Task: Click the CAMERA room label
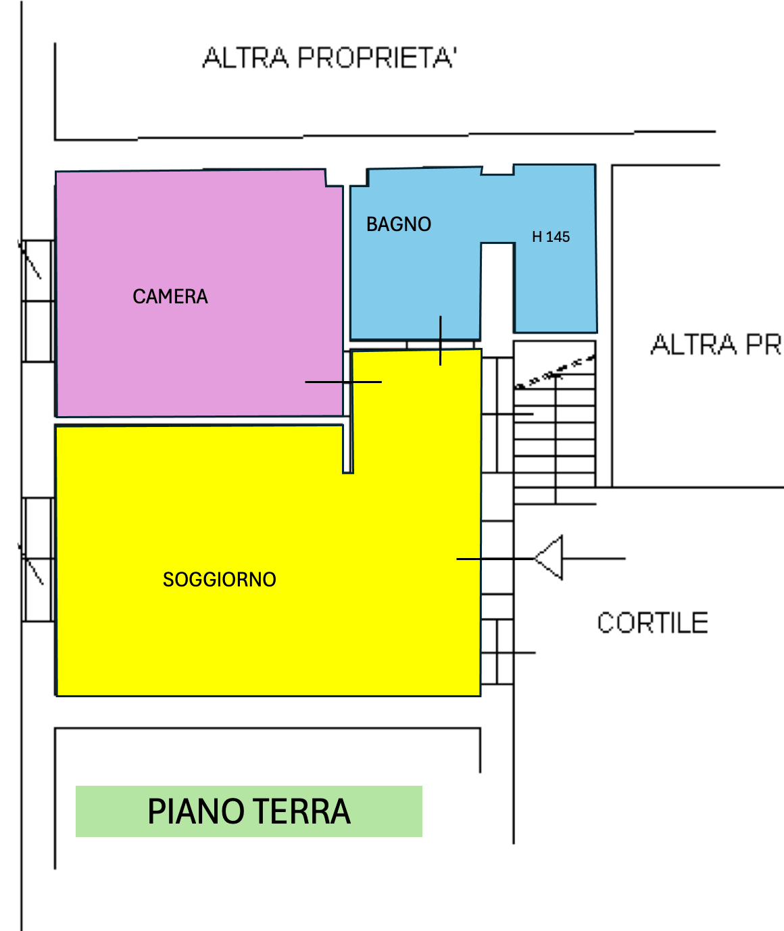click(x=170, y=297)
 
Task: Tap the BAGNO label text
click(x=398, y=224)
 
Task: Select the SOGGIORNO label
click(x=219, y=580)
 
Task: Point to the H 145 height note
click(x=550, y=237)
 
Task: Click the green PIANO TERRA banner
click(x=249, y=811)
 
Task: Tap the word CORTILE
click(x=652, y=623)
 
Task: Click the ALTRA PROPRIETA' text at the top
click(x=330, y=58)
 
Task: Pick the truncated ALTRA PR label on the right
click(x=715, y=345)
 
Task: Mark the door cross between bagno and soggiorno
click(x=441, y=341)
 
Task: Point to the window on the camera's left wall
click(x=38, y=301)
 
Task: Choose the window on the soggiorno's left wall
click(x=38, y=559)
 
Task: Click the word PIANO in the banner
click(x=196, y=811)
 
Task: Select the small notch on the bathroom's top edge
click(x=497, y=170)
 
